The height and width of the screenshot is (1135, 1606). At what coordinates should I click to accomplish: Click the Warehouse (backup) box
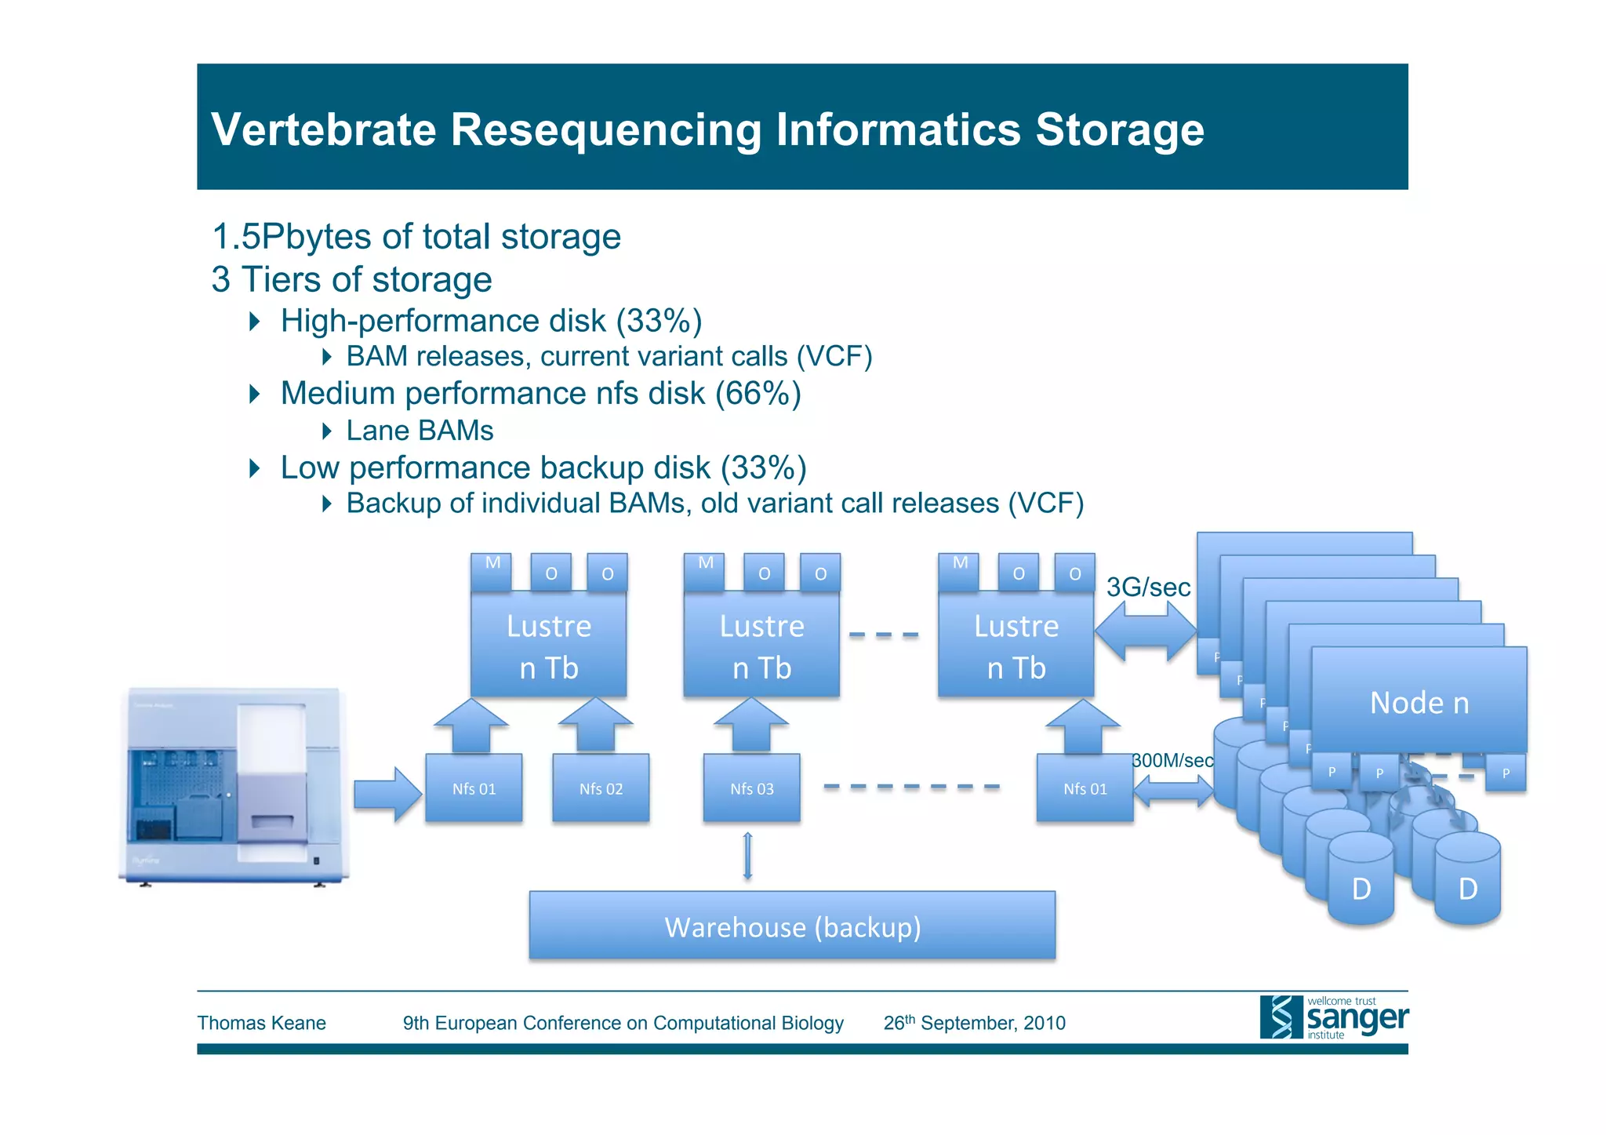pos(792,926)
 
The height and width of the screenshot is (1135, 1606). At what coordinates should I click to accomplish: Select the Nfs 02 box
pos(601,788)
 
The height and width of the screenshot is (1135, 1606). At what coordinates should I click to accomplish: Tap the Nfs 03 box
pos(751,788)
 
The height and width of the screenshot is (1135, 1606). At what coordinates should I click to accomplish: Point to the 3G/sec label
pos(1148,587)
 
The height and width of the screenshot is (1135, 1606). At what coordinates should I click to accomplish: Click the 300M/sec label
pos(1172,760)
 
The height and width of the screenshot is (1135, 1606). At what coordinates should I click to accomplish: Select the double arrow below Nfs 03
pos(747,856)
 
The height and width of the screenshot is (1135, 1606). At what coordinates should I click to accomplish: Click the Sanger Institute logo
pos(1334,1017)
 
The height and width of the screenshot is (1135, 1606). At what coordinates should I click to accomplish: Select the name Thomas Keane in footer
pos(261,1023)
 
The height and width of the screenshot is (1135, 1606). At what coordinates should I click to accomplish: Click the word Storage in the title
pos(1119,129)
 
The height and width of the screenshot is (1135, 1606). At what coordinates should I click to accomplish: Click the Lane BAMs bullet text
pos(420,431)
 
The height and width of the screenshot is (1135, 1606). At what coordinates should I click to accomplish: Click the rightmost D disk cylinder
pos(1467,879)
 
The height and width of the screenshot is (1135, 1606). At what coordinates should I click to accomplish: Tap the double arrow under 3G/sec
pos(1146,631)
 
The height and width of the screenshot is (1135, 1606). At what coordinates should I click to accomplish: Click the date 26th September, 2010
pos(974,1023)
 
